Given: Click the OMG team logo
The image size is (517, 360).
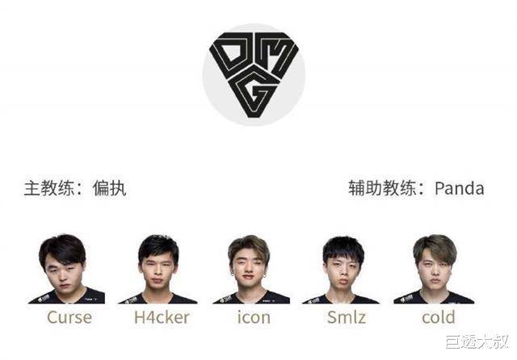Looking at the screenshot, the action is [x=254, y=75].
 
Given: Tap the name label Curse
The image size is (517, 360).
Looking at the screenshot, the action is [x=69, y=317].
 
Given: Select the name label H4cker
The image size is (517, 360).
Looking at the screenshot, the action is [x=162, y=317].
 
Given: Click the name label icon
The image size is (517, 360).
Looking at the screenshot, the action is [x=254, y=317].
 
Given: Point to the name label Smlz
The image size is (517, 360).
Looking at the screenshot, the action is [x=347, y=317].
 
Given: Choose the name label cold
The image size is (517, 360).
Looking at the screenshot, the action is [x=439, y=317].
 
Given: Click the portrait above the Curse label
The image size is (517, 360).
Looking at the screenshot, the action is [x=66, y=269].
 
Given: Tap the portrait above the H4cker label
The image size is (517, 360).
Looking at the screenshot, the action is [x=158, y=269].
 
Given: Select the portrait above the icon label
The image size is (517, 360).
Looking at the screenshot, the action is [x=251, y=269].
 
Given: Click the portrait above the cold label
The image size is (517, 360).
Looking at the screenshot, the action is [x=435, y=269].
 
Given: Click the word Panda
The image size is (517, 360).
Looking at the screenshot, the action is [x=460, y=188].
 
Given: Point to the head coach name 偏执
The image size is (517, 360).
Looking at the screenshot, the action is [x=110, y=188].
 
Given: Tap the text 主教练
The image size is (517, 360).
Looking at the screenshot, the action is [x=49, y=188].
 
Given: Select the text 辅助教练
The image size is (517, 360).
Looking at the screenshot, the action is [x=382, y=188].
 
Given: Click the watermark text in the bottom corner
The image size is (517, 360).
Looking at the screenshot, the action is [x=477, y=341].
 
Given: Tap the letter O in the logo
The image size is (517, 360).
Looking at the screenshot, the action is [x=231, y=54].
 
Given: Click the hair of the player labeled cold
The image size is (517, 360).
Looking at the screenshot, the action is [x=435, y=246].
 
